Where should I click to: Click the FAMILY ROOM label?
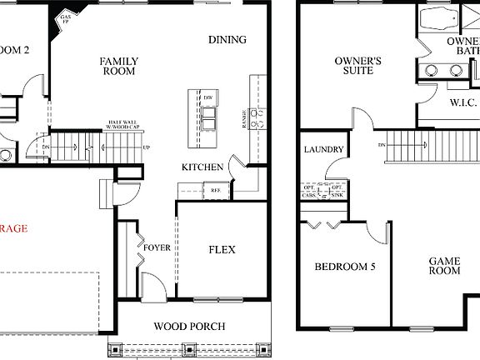[119, 67]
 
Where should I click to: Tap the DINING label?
[227, 40]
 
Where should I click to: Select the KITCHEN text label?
[202, 167]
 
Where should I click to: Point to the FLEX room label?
[222, 250]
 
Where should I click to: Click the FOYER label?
[157, 248]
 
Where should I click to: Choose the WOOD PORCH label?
[190, 326]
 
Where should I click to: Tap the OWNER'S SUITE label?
[357, 67]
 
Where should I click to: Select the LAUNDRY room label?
[324, 150]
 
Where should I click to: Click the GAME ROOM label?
[444, 266]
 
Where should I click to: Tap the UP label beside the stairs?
[147, 147]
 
